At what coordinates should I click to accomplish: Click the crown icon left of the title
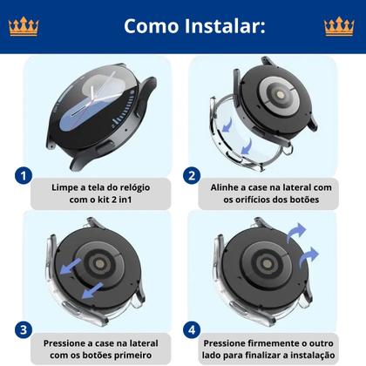pos(24,26)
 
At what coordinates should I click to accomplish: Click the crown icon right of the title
pos(339,26)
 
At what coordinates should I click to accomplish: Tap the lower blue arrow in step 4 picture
pos(309,257)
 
